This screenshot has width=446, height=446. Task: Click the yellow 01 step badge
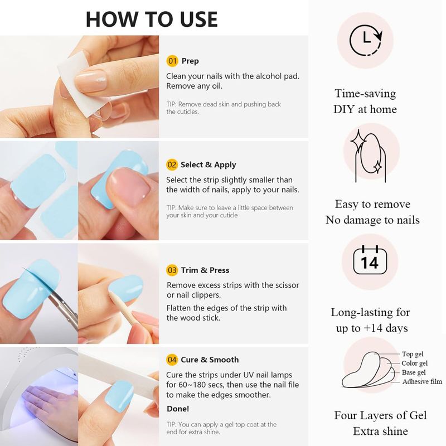click(172, 61)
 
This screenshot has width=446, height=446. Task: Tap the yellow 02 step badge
click(172, 164)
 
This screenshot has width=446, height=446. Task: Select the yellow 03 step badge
click(172, 270)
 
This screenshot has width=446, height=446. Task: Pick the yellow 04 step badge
click(172, 360)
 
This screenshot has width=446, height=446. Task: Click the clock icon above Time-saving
click(366, 40)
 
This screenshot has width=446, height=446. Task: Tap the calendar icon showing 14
click(370, 260)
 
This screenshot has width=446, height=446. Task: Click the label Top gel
click(413, 354)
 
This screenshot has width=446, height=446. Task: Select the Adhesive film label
click(422, 381)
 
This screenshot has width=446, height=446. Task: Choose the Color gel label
click(414, 363)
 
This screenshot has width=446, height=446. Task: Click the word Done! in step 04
click(178, 409)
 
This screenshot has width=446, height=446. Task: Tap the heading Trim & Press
click(205, 270)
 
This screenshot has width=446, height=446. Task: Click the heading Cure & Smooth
click(210, 360)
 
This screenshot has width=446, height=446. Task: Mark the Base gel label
click(414, 372)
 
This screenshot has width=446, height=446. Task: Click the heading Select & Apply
click(208, 164)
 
